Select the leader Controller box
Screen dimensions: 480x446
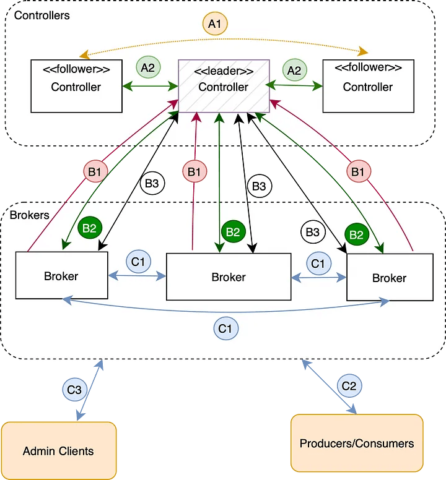pos(224,86)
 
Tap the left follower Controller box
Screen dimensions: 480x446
pos(76,86)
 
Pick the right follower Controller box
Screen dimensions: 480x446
pos(368,86)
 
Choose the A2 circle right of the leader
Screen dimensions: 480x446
pos(294,70)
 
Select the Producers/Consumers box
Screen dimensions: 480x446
pos(357,444)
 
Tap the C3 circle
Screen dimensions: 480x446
pos(74,390)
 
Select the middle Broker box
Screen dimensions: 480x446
pos(229,276)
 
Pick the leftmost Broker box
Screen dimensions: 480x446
pos(61,275)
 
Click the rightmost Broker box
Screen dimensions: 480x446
pos(389,278)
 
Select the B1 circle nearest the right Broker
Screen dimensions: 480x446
pos(357,171)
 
